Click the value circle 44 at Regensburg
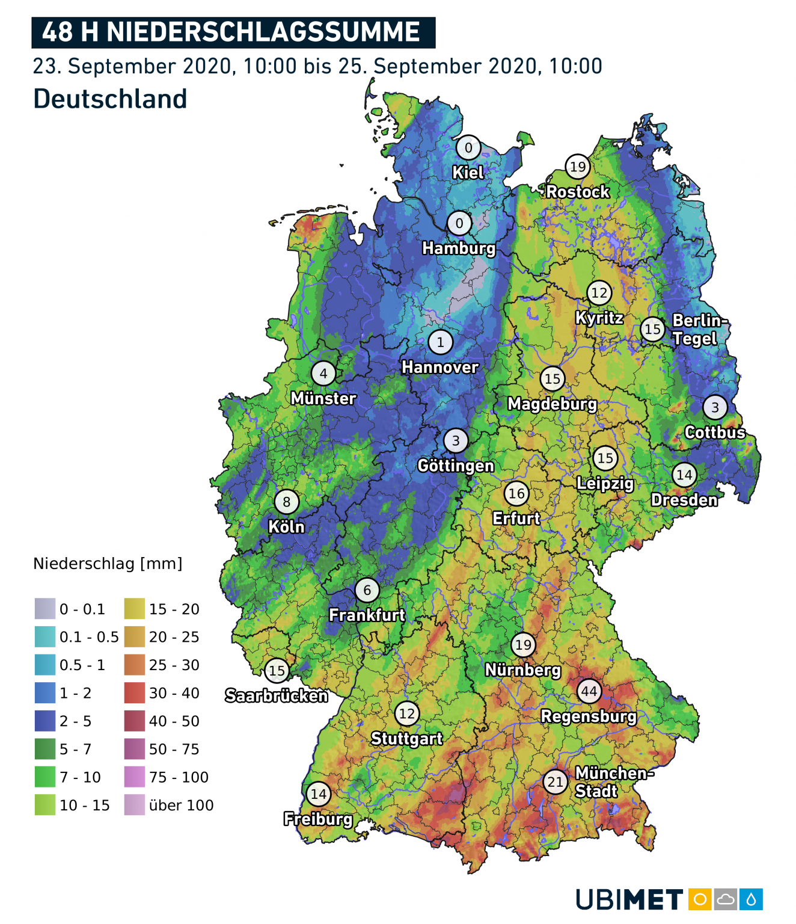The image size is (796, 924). (589, 691)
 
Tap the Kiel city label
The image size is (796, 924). (468, 173)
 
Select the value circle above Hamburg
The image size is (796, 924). (459, 224)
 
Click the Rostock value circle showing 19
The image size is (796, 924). (577, 167)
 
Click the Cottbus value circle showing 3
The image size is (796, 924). (715, 407)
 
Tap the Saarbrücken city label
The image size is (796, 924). (277, 696)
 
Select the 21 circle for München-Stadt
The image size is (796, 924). (556, 781)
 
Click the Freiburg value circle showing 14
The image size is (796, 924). (319, 794)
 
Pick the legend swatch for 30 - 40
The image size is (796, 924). (135, 693)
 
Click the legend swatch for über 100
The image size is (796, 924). (135, 805)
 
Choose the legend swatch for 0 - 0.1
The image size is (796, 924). (45, 609)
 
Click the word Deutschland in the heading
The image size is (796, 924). (110, 99)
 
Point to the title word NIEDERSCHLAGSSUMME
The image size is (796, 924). (263, 32)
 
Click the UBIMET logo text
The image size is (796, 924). (629, 900)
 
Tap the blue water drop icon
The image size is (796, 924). (751, 900)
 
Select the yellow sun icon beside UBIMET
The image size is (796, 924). (700, 900)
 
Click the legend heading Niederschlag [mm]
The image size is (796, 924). (108, 564)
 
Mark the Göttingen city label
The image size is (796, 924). (456, 466)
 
